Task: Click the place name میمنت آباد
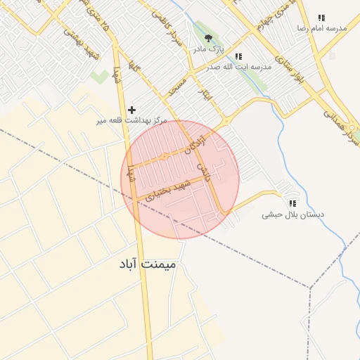tap(150, 264)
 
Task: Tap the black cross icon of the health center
tap(131, 110)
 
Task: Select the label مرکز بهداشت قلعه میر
tap(132, 121)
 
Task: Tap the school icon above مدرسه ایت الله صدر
tap(238, 56)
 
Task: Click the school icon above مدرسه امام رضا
tap(321, 18)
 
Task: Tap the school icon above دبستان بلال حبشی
tap(292, 203)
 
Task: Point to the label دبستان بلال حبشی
tap(286, 214)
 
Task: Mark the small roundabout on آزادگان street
tap(164, 157)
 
